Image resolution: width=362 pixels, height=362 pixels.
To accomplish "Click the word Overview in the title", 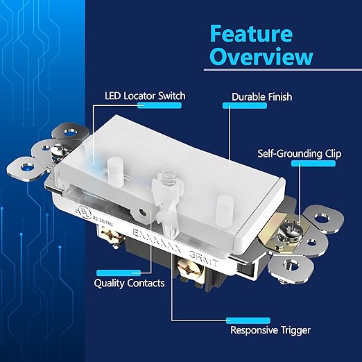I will pos(261,57).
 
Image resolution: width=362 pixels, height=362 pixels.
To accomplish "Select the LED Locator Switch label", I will pos(144,95).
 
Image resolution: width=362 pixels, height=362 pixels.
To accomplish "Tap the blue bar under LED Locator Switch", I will pos(160,105).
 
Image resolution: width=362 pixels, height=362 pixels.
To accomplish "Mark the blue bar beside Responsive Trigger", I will pos(246,320).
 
